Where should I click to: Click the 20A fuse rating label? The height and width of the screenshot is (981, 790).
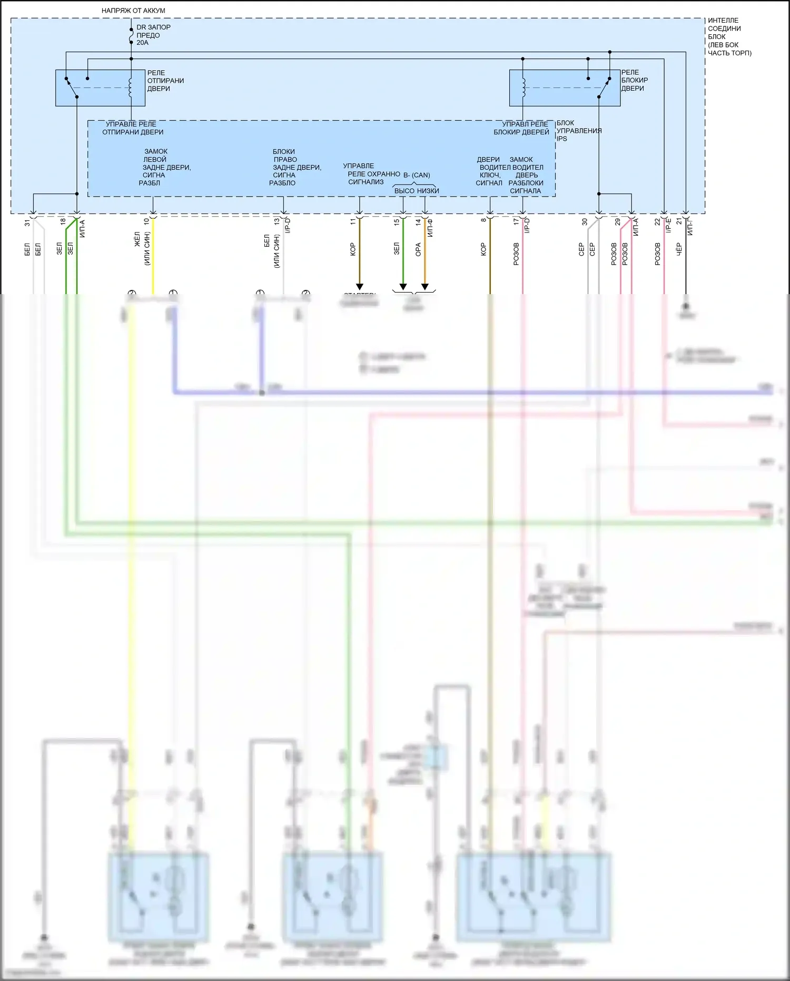[x=142, y=43]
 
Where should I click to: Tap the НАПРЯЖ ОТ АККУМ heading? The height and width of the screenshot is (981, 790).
[x=133, y=11]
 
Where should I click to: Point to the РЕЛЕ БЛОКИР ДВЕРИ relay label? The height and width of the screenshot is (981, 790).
[x=634, y=80]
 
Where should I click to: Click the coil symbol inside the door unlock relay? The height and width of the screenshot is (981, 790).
[x=131, y=88]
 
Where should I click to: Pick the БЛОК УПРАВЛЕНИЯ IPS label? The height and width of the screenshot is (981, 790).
[x=578, y=131]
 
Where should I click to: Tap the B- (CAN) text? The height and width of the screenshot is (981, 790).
[x=417, y=175]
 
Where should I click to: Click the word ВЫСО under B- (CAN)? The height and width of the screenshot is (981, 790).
[x=404, y=191]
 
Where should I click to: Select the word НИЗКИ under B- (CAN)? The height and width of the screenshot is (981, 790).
[x=428, y=191]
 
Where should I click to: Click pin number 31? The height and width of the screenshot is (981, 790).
[x=27, y=223]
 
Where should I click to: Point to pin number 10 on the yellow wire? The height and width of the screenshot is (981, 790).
[x=146, y=222]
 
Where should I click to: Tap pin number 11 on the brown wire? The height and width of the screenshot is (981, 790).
[x=353, y=222]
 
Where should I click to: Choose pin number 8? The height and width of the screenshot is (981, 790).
[x=483, y=220]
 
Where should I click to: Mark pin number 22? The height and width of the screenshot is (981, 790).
[x=657, y=222]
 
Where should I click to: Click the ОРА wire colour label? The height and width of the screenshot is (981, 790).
[x=418, y=249]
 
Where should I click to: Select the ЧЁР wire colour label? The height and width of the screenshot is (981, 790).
[x=679, y=249]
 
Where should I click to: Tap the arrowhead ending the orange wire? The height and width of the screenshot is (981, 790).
[x=424, y=287]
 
